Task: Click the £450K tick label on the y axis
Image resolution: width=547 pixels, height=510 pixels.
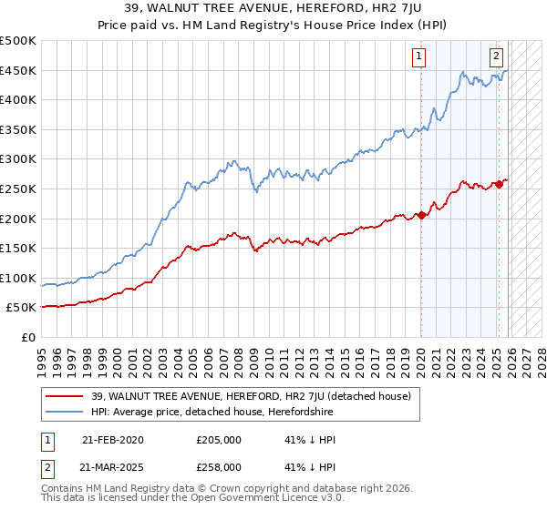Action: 18,71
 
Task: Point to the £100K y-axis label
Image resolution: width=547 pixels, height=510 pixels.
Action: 18,278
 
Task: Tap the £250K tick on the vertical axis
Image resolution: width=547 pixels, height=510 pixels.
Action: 18,189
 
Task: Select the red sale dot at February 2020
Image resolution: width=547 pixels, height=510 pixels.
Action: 421,216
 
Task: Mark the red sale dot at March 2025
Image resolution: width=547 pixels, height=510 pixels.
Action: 499,184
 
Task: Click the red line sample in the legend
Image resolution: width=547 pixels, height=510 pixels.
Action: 65,396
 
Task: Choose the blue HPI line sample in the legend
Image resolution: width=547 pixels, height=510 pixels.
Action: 65,413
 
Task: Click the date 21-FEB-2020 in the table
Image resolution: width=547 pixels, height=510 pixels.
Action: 112,440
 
